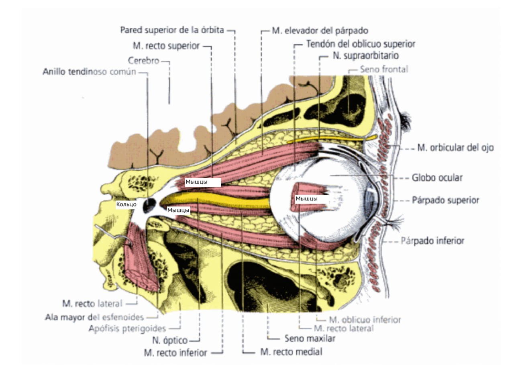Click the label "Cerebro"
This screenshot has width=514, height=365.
coord(144,61)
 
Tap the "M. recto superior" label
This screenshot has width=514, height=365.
coord(166,46)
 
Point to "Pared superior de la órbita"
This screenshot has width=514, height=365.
coord(172,30)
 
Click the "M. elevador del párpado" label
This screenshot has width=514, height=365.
coord(320,30)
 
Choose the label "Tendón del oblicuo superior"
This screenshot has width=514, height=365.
coord(360,43)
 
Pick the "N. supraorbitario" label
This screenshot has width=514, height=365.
coord(365,56)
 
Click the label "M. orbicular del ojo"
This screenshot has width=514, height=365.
coord(455,147)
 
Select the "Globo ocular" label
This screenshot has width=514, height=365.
coord(437,177)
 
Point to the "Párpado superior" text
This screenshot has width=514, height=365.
coord(445,200)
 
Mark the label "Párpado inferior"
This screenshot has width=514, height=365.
coord(432,241)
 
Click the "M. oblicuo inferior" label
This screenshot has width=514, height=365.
coord(365,320)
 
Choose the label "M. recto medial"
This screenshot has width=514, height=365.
coord(291,352)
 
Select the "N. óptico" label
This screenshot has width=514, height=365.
coord(170,341)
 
